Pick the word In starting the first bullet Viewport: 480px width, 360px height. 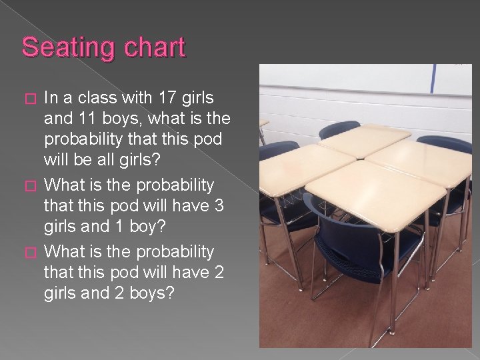coord(51,98)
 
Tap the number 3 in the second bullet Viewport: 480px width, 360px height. coord(219,206)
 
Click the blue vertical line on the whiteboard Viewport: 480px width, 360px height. coord(432,78)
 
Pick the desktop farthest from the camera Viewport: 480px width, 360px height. coord(363,139)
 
